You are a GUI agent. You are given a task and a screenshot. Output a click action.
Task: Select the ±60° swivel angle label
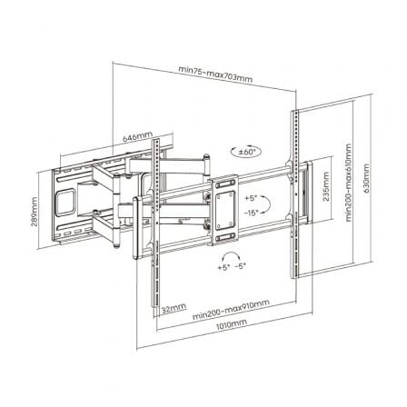click(249, 152)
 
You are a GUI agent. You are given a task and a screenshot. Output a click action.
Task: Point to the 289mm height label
click(34, 214)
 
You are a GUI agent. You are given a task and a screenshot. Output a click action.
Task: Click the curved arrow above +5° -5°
click(233, 255)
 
